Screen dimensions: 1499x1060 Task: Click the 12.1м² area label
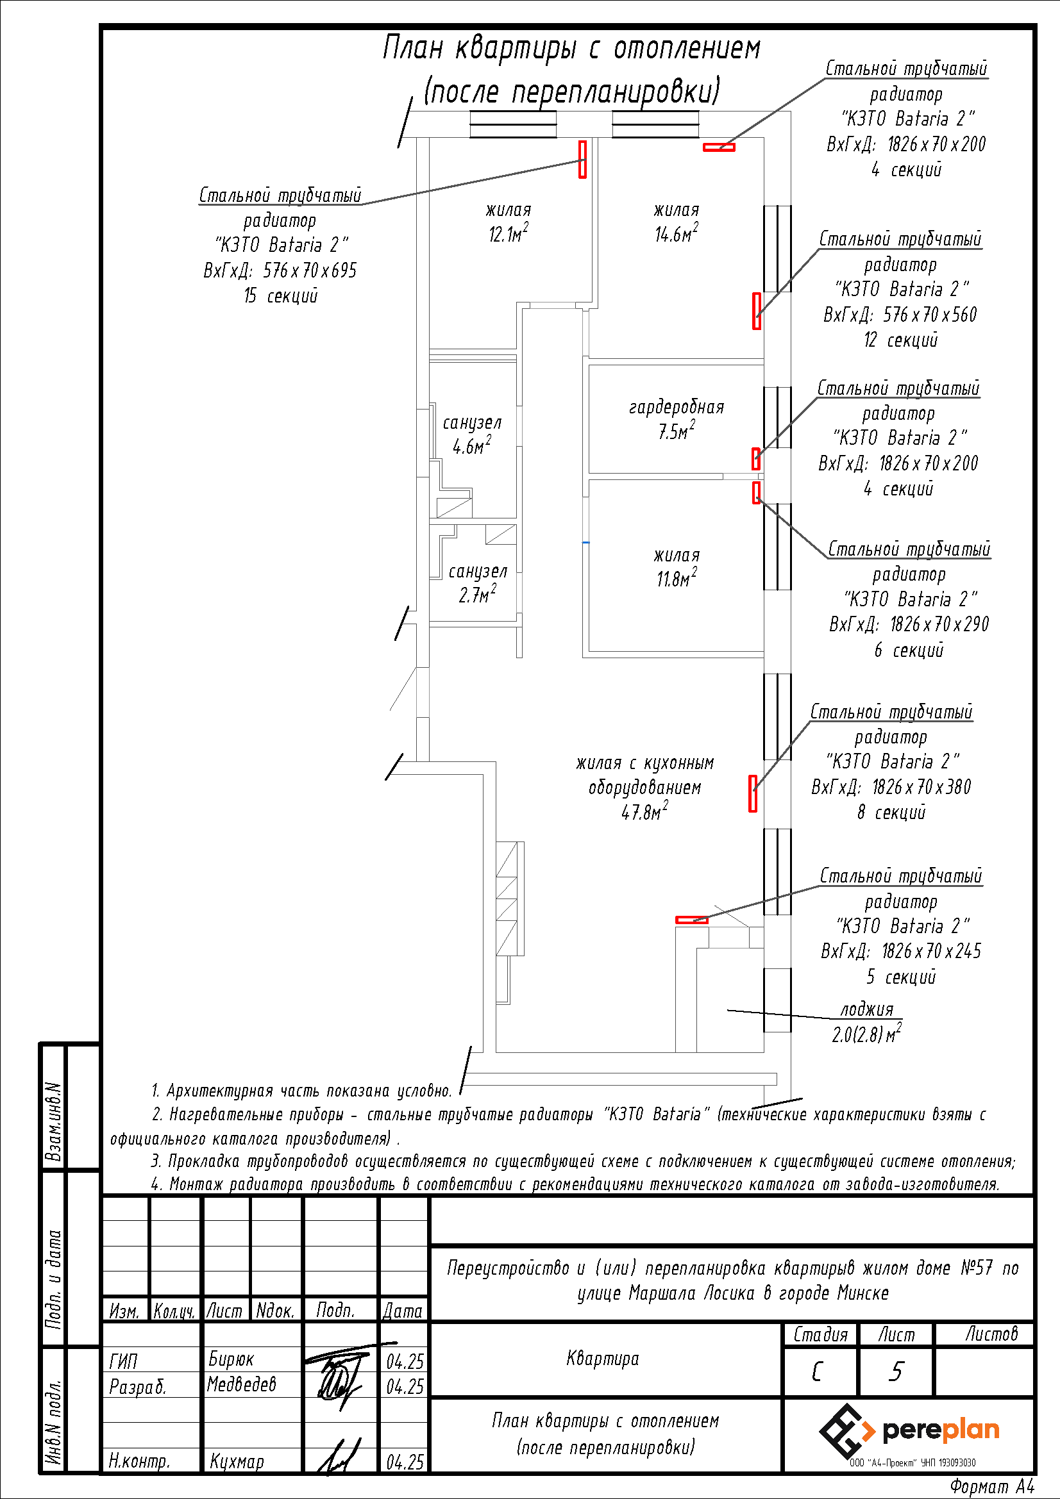click(x=508, y=235)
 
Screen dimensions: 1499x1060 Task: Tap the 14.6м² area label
click(x=676, y=235)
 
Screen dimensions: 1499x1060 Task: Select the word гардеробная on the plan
click(x=676, y=408)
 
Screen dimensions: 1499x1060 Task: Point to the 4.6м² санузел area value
click(x=471, y=447)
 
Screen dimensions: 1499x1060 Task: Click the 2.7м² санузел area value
click(x=476, y=595)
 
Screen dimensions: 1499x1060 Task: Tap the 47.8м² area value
click(x=644, y=813)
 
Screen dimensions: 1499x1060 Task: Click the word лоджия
click(x=866, y=1009)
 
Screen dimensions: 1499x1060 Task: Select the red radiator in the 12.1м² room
click(x=582, y=159)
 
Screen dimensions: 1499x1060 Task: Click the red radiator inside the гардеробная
click(x=755, y=458)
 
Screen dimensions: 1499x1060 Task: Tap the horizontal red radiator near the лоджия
click(x=692, y=920)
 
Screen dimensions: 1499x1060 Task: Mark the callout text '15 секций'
click(x=281, y=295)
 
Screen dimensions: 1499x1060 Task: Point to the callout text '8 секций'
click(x=891, y=812)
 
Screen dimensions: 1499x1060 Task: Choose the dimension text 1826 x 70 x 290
click(x=939, y=625)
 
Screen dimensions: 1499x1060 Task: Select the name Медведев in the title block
click(x=242, y=1384)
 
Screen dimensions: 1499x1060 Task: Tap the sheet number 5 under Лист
click(x=896, y=1371)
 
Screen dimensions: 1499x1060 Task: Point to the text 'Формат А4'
click(x=992, y=1487)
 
